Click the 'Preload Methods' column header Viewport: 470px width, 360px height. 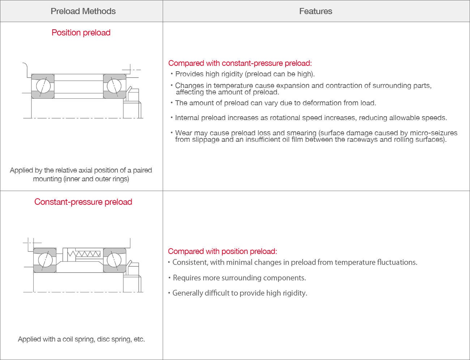(83, 11)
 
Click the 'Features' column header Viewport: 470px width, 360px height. (315, 11)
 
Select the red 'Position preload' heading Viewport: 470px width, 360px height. (81, 33)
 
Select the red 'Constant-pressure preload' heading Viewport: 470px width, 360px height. (83, 202)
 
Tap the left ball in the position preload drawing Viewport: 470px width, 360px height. (43, 86)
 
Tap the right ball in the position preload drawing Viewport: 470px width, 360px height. (114, 86)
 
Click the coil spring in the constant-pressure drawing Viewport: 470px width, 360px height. (87, 254)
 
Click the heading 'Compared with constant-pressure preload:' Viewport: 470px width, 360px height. (240, 63)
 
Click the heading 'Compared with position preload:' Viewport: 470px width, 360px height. (222, 251)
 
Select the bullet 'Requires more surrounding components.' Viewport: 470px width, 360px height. (239, 278)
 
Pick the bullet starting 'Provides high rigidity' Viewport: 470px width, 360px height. (245, 74)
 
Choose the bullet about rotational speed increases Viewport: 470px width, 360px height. (311, 118)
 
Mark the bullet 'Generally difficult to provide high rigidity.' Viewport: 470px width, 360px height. (239, 293)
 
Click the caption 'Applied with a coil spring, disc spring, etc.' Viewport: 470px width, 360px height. (81, 339)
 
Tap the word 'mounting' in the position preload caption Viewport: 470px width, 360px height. (47, 179)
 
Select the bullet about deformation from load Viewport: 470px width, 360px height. (275, 103)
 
